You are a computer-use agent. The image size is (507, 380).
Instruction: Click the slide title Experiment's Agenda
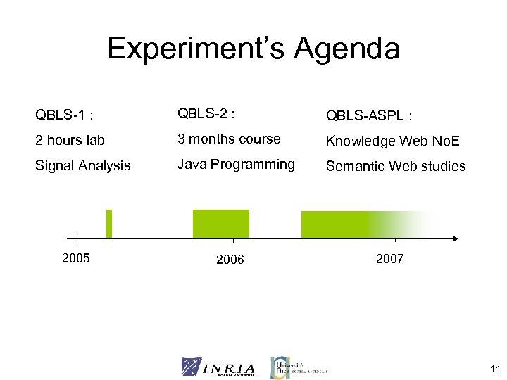254,49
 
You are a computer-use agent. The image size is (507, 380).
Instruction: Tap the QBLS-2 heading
206,113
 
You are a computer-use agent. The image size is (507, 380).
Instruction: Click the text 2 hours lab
70,140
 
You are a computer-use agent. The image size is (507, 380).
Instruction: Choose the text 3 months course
229,139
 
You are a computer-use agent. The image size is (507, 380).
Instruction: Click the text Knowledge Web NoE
392,141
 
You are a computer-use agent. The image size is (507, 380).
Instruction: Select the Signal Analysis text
83,166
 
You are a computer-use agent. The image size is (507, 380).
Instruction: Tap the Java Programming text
236,165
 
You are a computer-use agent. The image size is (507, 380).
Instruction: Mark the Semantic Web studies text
395,167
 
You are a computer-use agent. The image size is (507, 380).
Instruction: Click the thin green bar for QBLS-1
109,224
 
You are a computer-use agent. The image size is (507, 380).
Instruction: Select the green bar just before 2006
220,224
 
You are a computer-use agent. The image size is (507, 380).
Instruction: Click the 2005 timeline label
76,258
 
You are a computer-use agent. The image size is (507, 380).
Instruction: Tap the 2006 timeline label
230,260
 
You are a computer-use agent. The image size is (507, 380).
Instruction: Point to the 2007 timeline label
389,258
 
